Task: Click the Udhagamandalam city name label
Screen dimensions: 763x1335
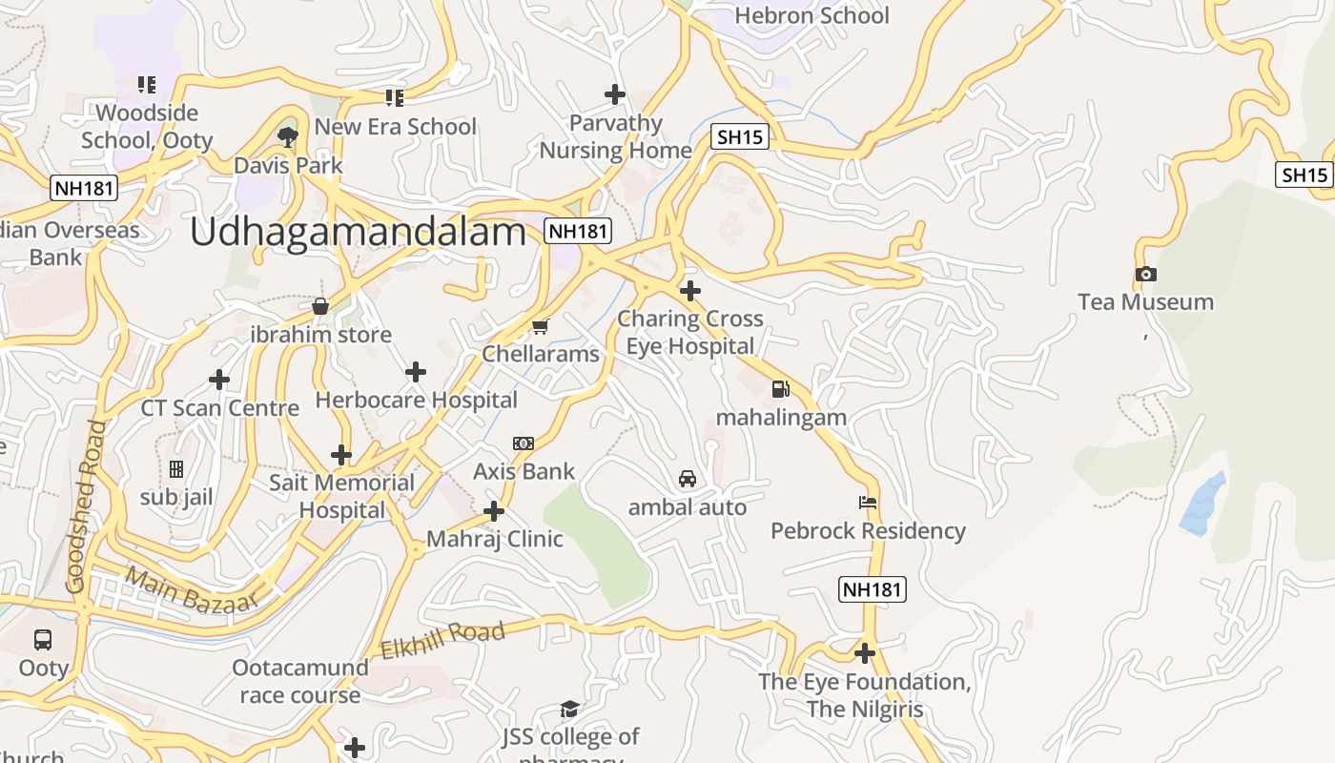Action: [359, 232]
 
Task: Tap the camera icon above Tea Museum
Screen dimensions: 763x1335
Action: [1146, 275]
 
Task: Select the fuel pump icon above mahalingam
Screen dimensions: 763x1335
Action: [780, 388]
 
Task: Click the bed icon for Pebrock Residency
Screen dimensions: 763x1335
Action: [868, 502]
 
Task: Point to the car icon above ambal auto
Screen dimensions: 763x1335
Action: [687, 479]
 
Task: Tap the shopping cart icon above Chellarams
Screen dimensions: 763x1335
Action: [540, 327]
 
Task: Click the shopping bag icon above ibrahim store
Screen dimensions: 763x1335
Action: [320, 306]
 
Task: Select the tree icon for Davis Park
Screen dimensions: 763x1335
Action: [287, 137]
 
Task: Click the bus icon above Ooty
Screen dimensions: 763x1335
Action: [43, 639]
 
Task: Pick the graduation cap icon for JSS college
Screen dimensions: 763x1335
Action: [569, 708]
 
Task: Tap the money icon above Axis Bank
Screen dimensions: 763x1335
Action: [524, 443]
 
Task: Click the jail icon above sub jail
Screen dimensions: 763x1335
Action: [176, 469]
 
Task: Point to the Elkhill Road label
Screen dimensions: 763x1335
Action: [442, 641]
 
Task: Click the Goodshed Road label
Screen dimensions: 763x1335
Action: [84, 505]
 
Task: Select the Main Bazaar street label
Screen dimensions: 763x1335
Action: [192, 589]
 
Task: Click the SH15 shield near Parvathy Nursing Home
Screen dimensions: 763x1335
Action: [740, 137]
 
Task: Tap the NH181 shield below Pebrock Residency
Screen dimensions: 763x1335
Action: [873, 589]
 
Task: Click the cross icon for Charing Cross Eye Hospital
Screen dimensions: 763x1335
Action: [690, 290]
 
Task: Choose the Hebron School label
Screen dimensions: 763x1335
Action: [811, 15]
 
